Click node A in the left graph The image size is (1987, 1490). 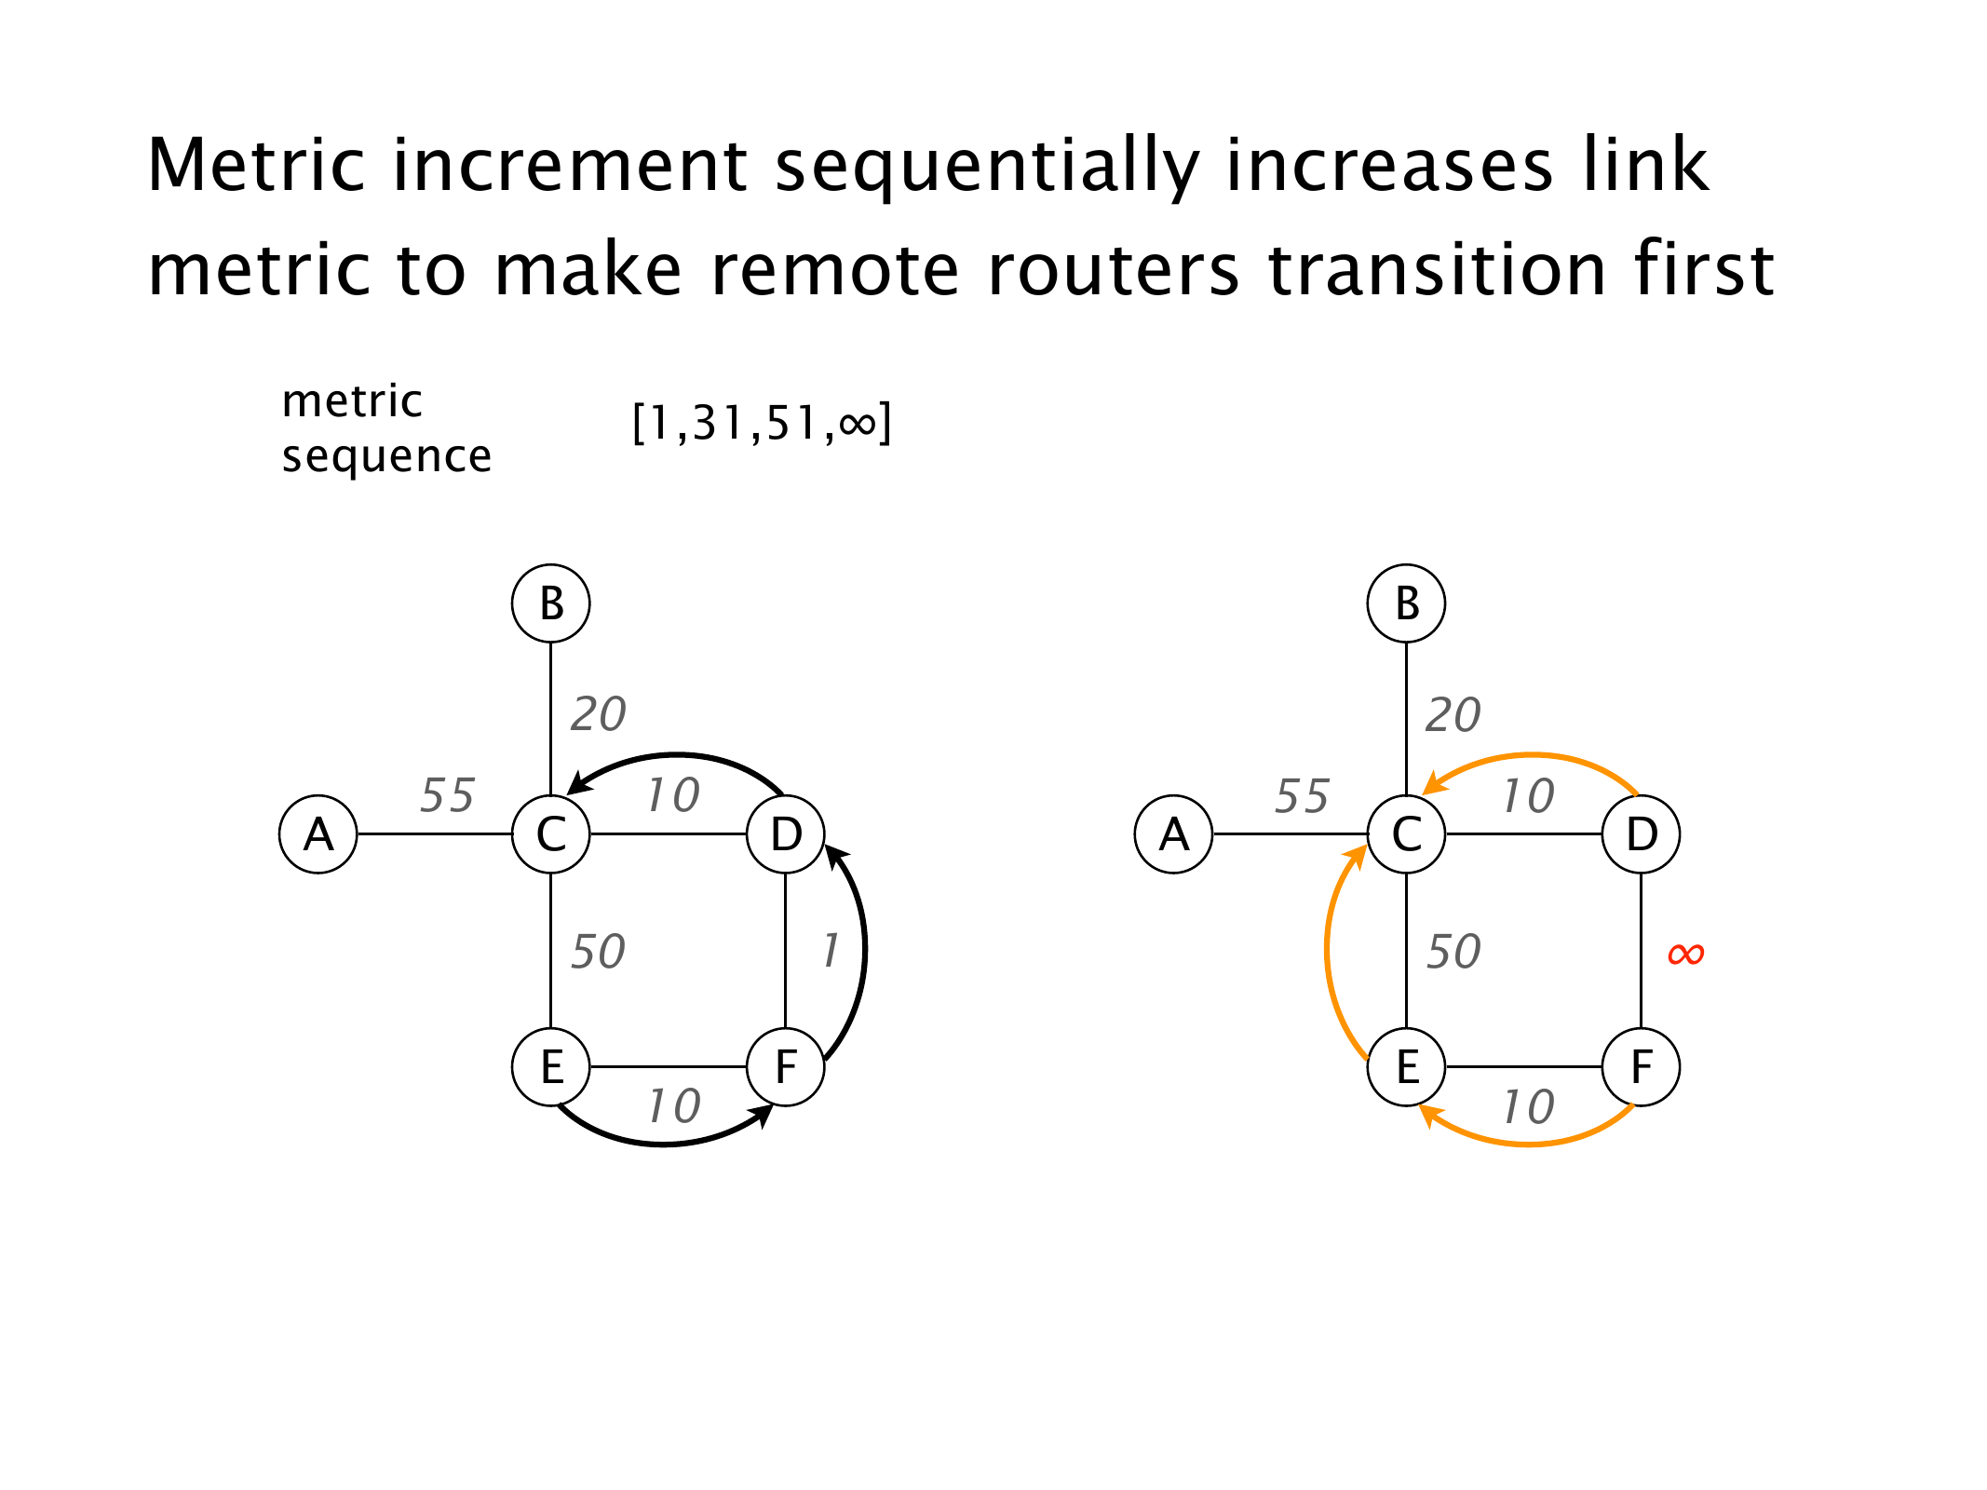[318, 833]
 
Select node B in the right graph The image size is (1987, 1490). [1406, 603]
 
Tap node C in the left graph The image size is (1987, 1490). [551, 833]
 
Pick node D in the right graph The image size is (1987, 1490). [1641, 833]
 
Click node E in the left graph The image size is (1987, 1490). [551, 1066]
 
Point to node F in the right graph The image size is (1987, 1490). [1641, 1066]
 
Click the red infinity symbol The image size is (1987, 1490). [1685, 953]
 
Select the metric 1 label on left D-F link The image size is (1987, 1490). [831, 951]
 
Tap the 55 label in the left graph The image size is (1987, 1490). [447, 795]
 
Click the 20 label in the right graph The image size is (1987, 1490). [1453, 714]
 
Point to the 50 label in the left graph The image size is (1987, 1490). [598, 952]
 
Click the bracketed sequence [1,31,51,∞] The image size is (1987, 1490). [762, 423]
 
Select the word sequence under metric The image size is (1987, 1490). [386, 456]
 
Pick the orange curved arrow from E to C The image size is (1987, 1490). [1328, 950]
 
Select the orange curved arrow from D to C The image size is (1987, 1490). [1532, 755]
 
